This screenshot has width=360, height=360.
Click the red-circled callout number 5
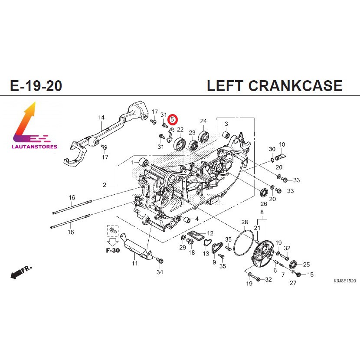coord(172,120)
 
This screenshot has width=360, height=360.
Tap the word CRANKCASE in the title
coord(295,85)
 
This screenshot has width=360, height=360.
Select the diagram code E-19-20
coord(36,85)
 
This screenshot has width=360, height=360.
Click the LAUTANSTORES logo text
coord(34,147)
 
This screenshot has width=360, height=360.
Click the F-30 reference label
coord(113,250)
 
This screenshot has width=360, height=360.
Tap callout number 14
coord(101,118)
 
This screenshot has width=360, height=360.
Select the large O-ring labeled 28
coord(243,243)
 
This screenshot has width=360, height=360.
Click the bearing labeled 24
coord(203,136)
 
